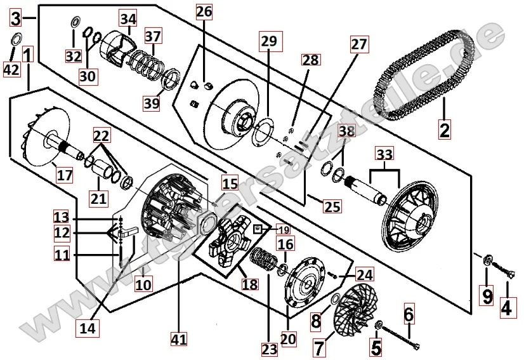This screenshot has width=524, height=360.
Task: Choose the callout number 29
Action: [268, 41]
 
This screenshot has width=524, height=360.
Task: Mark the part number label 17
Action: [65, 174]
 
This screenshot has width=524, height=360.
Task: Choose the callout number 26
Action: [204, 11]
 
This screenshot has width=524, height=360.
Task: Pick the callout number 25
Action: [332, 206]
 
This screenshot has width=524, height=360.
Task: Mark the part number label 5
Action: [376, 347]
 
